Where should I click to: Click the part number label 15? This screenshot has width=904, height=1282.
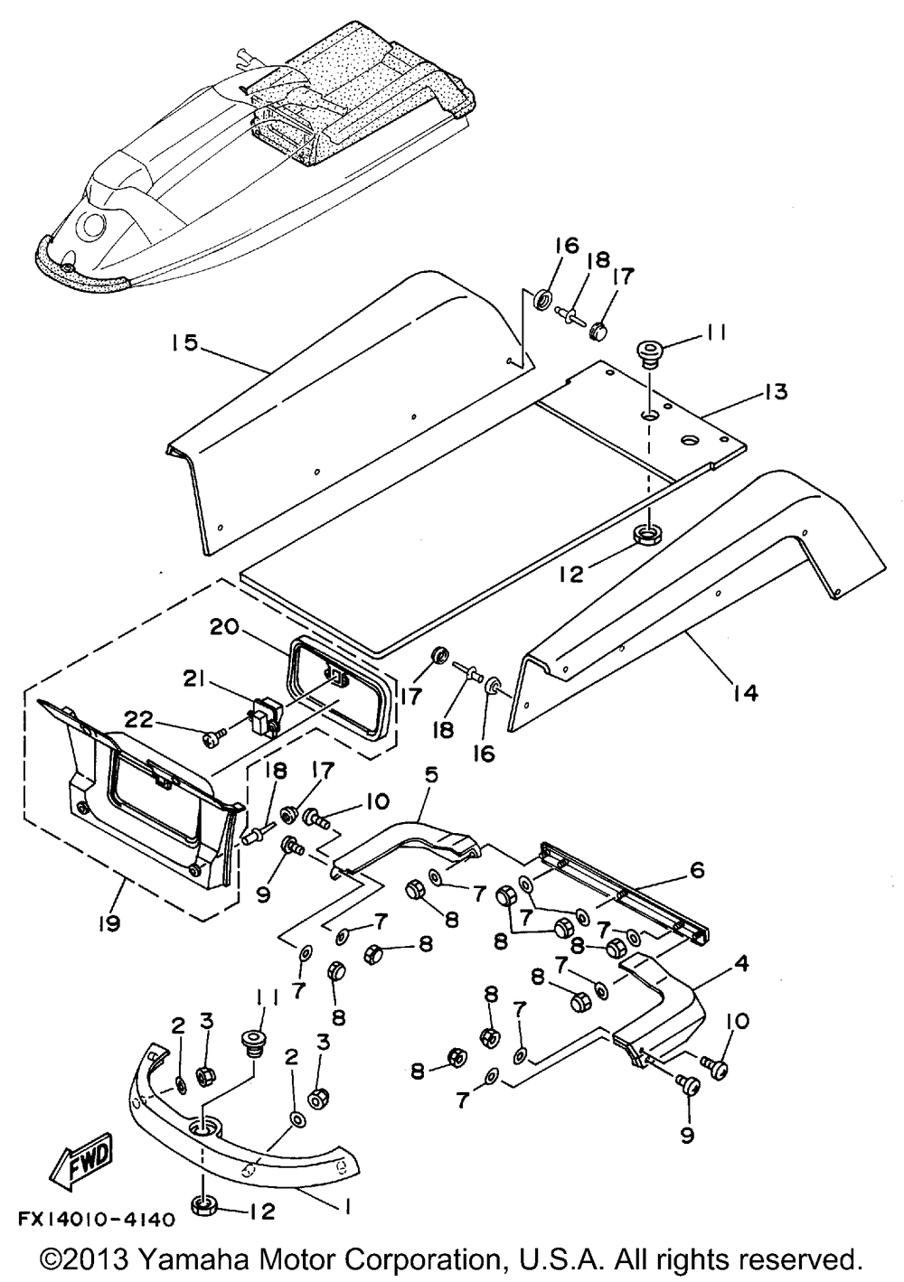tap(184, 343)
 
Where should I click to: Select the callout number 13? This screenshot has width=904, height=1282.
tap(774, 392)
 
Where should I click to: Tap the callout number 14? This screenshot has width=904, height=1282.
tap(744, 693)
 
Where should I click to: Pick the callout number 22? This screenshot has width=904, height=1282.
tap(138, 719)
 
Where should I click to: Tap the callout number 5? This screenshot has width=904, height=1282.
tap(431, 775)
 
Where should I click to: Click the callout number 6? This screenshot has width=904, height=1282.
tap(697, 871)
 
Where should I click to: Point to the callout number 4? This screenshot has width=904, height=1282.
tap(741, 963)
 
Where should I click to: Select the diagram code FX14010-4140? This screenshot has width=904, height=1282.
tap(96, 1220)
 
